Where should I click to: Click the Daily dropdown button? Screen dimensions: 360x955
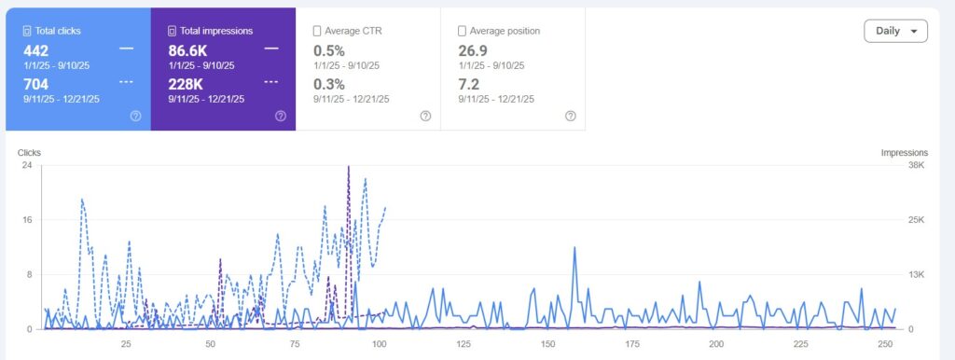[x=895, y=31]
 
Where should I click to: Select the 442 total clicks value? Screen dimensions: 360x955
[x=35, y=50]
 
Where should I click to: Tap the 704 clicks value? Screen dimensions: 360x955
[x=35, y=85]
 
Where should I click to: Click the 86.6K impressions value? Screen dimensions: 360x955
[x=188, y=50]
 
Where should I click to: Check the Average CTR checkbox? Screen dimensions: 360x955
[x=318, y=31]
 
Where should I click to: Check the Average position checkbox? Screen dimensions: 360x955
[x=464, y=31]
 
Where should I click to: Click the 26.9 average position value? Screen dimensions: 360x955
[x=475, y=50]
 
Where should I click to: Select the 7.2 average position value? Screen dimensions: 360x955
[x=469, y=85]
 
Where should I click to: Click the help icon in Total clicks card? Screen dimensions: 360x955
[x=135, y=116]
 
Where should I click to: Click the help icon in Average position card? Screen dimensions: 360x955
[x=570, y=116]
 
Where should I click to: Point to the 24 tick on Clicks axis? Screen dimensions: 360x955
[x=27, y=165]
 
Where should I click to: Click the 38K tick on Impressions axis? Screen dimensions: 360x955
[x=917, y=165]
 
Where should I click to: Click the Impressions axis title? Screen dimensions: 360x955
[x=904, y=153]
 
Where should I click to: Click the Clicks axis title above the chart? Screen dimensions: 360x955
[x=29, y=153]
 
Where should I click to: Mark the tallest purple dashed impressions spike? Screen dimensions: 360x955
[x=348, y=168]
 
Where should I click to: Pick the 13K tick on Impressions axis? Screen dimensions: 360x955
[x=917, y=274]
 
